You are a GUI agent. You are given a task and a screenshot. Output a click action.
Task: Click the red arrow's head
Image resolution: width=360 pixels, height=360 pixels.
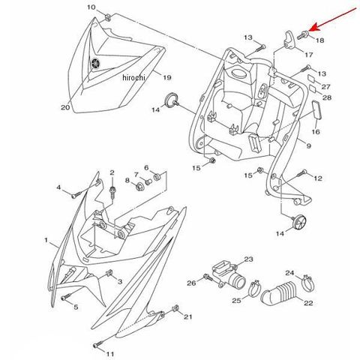point(313,28)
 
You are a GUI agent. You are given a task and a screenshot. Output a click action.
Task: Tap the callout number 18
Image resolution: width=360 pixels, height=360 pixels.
point(320,40)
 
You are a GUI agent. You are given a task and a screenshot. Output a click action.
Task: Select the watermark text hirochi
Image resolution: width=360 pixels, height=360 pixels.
point(133,77)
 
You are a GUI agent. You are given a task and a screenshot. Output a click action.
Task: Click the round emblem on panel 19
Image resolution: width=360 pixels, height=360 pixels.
point(95,63)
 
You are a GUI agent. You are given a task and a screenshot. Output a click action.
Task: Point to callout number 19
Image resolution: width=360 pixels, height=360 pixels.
point(167,77)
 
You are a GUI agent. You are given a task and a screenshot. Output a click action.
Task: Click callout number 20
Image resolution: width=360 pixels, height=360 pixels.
point(65,107)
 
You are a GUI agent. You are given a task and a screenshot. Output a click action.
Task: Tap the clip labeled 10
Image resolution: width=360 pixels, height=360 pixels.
point(108,17)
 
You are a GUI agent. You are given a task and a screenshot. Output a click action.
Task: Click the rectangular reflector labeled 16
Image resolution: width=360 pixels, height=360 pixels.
point(316,112)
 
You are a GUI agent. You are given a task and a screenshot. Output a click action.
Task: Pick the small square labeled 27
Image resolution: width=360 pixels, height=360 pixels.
point(311,79)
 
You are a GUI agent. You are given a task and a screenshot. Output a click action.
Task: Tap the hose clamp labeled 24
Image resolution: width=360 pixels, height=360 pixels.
point(307,283)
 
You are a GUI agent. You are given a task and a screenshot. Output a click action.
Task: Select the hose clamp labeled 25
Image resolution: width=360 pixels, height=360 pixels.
point(255,290)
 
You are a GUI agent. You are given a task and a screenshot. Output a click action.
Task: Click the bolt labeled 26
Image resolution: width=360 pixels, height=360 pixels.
point(208,277)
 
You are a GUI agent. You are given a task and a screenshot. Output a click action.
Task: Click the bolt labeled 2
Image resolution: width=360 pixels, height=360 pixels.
point(112,193)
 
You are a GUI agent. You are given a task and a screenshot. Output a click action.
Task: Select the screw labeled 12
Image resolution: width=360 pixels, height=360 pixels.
point(301,173)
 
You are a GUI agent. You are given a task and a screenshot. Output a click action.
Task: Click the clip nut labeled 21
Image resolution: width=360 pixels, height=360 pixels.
point(175,309)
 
